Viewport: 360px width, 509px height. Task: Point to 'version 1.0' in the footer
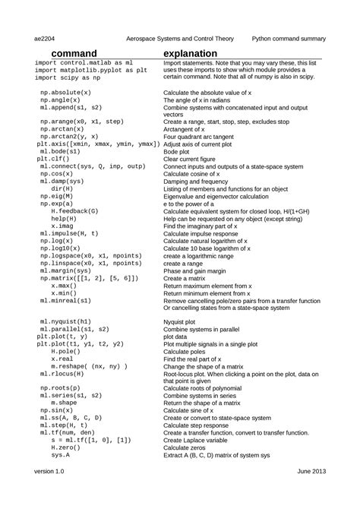(x=50, y=472)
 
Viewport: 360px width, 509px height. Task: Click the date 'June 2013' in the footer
(x=311, y=472)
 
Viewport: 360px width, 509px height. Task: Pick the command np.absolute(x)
(x=65, y=91)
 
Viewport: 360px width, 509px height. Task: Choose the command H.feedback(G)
(x=74, y=210)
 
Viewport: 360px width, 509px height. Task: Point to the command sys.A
(x=61, y=455)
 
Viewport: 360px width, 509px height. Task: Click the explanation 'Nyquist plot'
(x=185, y=322)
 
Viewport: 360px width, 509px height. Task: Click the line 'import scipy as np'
(x=68, y=77)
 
